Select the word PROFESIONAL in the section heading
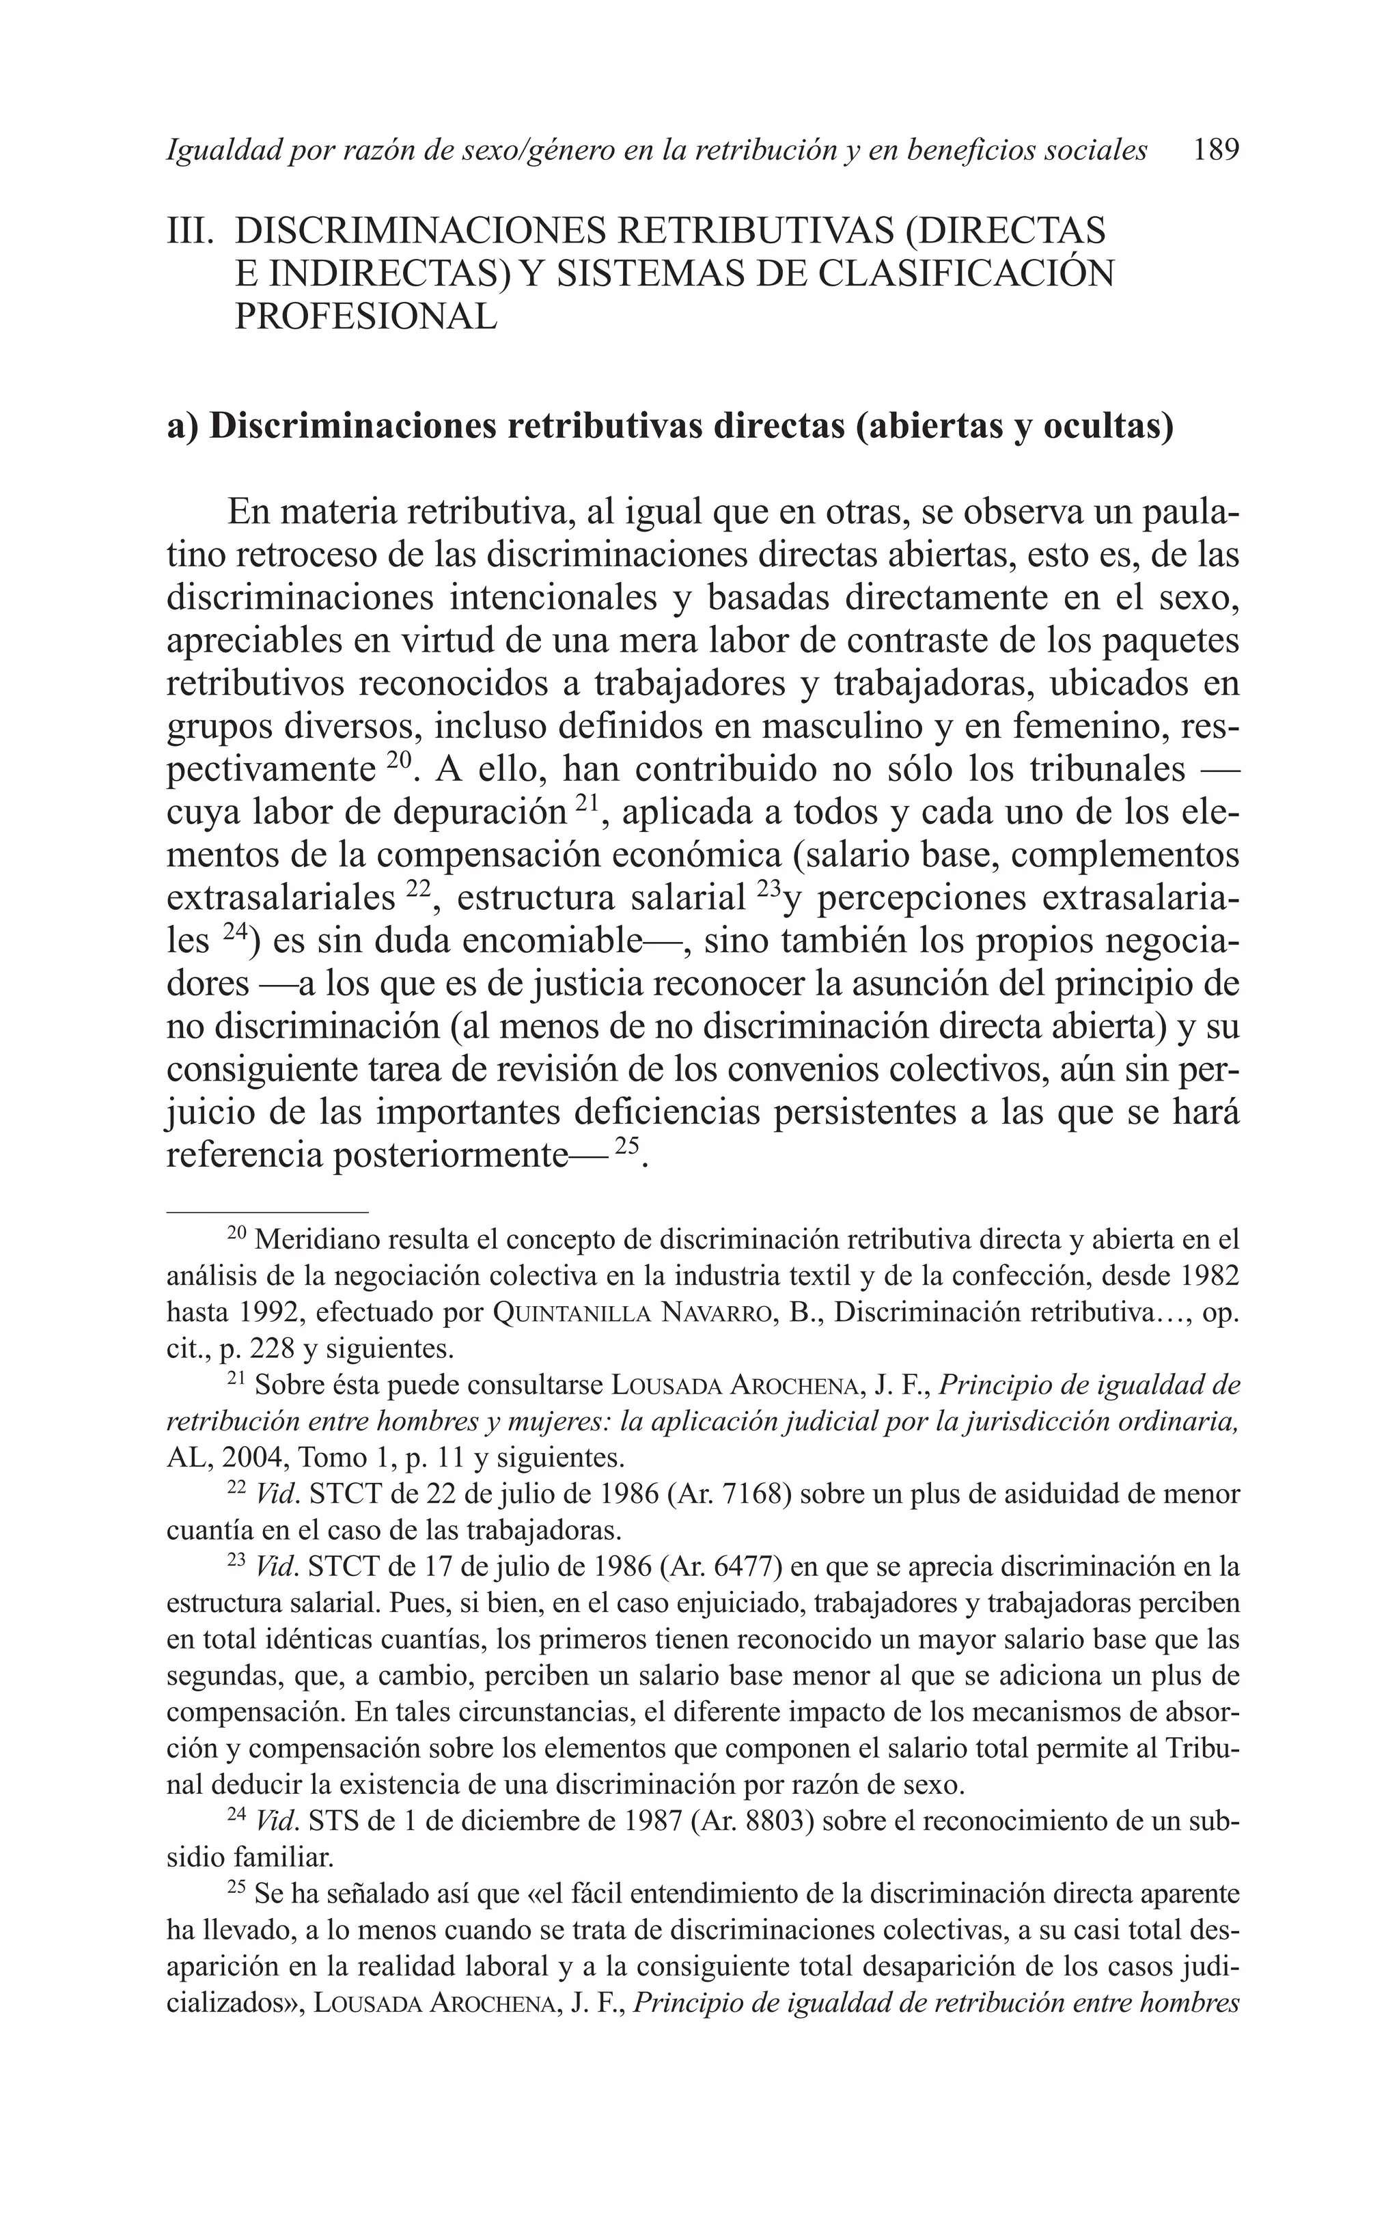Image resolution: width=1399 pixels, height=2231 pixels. click(365, 316)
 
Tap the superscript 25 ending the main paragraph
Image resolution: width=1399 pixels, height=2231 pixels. click(627, 1146)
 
